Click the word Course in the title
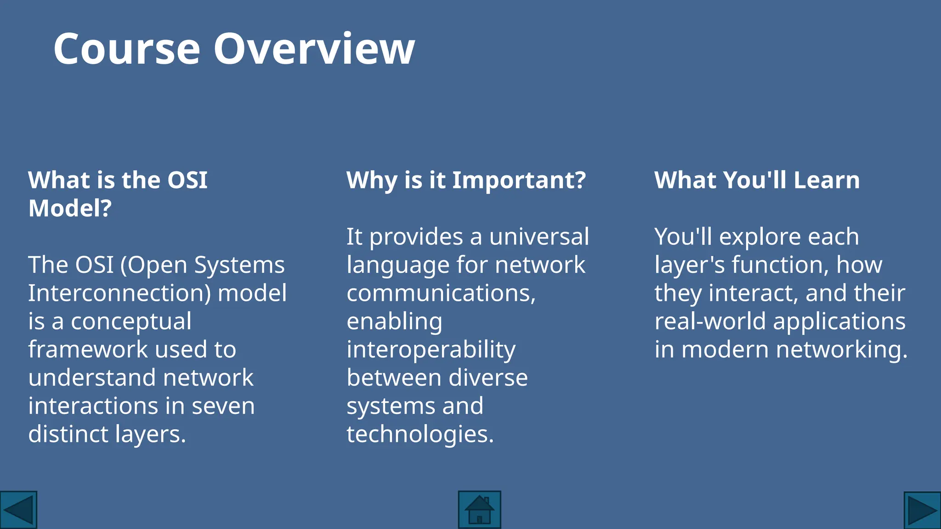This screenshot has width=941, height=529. pos(127,49)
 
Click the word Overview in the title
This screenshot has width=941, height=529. pos(314,49)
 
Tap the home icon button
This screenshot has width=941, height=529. pos(479,510)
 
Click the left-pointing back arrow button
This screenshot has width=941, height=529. pos(18,510)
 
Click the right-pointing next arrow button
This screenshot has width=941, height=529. pos(922,510)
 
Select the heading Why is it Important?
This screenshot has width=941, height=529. pos(466,180)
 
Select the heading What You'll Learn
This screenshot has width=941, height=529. pos(757,180)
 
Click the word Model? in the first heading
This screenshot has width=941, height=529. pos(70,208)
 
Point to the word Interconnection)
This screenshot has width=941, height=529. pos(119,293)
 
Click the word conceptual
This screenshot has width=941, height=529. pos(131,321)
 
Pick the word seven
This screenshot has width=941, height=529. pos(223,406)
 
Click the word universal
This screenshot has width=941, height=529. pos(539,237)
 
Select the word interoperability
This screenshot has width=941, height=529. pos(431,350)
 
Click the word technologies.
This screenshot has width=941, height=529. pos(419,434)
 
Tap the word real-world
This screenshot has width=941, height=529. pos(710,321)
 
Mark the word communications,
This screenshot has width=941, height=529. pos(441,293)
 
